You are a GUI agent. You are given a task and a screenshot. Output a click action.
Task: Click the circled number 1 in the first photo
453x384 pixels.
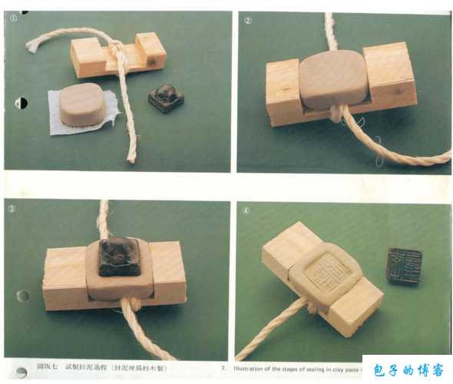click(x=13, y=19)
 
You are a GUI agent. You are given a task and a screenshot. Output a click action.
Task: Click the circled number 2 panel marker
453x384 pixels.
click(x=248, y=20)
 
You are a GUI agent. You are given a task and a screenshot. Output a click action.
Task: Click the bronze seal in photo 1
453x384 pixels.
click(x=166, y=98)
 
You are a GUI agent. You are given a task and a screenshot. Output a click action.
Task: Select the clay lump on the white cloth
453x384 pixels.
click(x=82, y=104)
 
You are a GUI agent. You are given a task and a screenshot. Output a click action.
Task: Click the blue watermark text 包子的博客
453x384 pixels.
click(x=407, y=370)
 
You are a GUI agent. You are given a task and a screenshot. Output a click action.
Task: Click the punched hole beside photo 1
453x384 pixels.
click(x=21, y=103)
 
